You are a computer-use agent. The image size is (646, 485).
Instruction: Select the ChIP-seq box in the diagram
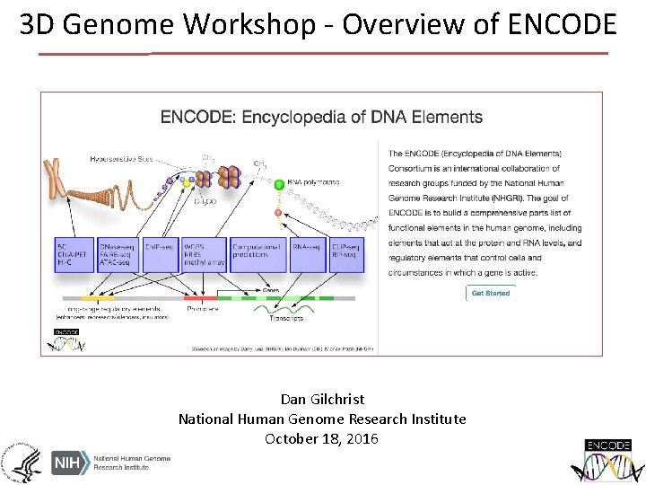(157, 251)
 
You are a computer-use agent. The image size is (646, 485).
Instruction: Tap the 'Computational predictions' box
(258, 251)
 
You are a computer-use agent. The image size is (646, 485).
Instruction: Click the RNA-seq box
(304, 251)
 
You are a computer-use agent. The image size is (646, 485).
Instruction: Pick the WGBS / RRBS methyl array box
(204, 251)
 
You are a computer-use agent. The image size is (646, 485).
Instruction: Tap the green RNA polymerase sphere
(279, 184)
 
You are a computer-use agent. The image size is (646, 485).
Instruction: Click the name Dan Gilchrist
(322, 399)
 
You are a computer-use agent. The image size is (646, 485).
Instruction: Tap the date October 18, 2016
(322, 438)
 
